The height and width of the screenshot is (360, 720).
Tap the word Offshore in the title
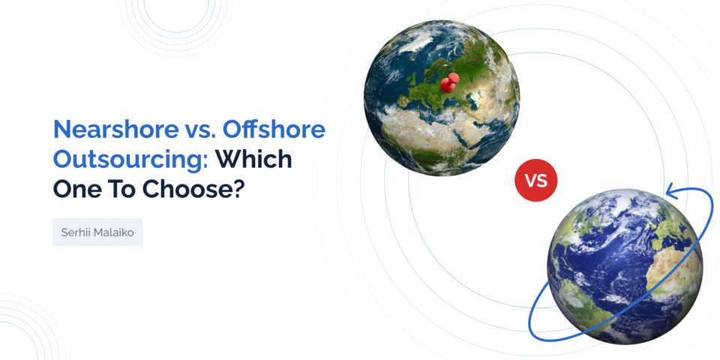coord(280,130)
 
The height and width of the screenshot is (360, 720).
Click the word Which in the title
coord(253,159)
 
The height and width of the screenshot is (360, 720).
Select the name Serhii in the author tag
coord(76,232)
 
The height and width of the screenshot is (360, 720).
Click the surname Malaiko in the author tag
coord(114,232)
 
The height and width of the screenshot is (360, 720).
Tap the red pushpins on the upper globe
coord(448,82)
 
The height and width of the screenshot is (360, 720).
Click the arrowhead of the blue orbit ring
coord(670,194)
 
